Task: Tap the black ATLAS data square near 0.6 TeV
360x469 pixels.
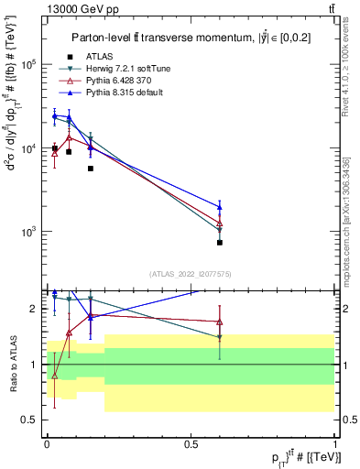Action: (x=220, y=243)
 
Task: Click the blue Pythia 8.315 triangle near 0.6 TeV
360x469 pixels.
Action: (x=220, y=206)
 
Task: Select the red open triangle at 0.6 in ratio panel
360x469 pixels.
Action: (x=220, y=322)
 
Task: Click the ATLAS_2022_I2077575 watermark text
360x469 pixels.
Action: (x=190, y=273)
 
